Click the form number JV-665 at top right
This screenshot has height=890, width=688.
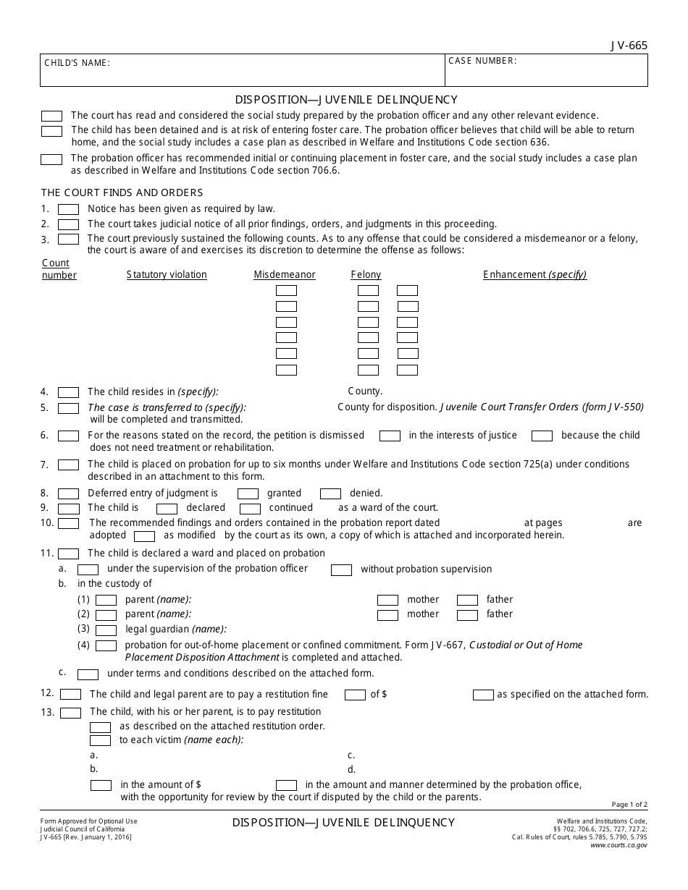pyautogui.click(x=629, y=45)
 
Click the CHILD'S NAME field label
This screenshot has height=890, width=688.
pyautogui.click(x=77, y=63)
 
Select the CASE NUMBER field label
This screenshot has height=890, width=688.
pyautogui.click(x=482, y=61)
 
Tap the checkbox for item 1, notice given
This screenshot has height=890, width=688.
pyautogui.click(x=68, y=209)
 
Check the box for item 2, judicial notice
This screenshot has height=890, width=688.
pyautogui.click(x=68, y=224)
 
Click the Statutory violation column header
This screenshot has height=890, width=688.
pyautogui.click(x=167, y=275)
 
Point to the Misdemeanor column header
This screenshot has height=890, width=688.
pyautogui.click(x=285, y=275)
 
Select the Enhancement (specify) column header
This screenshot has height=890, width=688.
pyautogui.click(x=534, y=275)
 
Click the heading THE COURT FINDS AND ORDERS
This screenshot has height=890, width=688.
pyautogui.click(x=122, y=192)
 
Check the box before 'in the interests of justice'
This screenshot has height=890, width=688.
pyautogui.click(x=390, y=436)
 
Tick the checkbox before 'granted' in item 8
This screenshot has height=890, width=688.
pyautogui.click(x=248, y=493)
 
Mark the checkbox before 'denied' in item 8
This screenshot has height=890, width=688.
pyautogui.click(x=330, y=493)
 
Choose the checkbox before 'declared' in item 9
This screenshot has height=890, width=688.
pyautogui.click(x=167, y=509)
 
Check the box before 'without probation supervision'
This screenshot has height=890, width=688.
pyautogui.click(x=341, y=570)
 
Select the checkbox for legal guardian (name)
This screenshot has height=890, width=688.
pyautogui.click(x=106, y=630)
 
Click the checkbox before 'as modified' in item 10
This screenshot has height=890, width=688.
pyautogui.click(x=145, y=536)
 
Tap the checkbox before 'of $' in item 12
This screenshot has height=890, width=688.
pyautogui.click(x=355, y=695)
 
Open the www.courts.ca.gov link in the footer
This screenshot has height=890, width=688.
pyautogui.click(x=619, y=844)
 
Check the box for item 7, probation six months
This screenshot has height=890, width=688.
pyautogui.click(x=68, y=465)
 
